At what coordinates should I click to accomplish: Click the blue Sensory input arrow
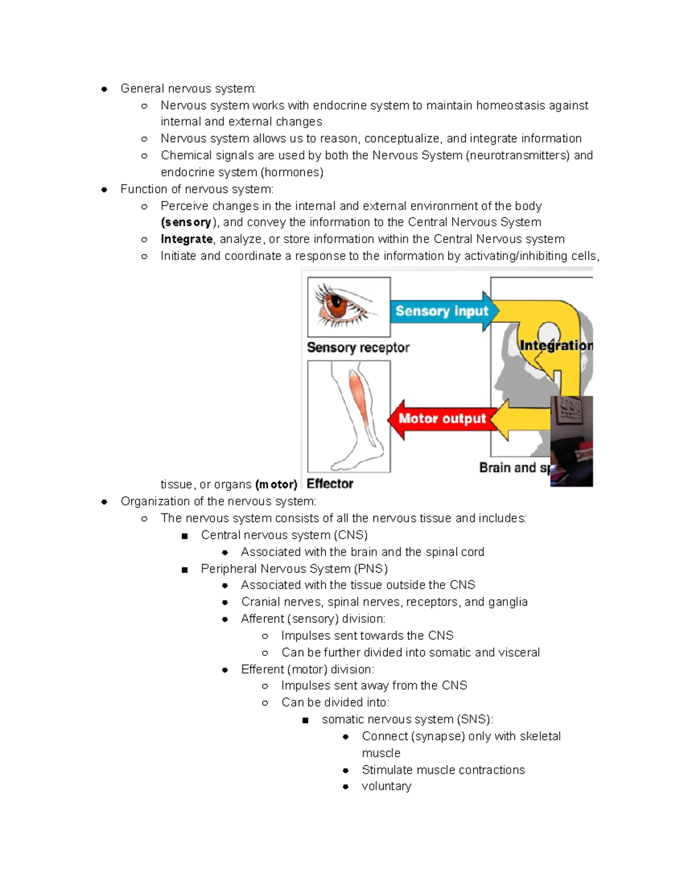pyautogui.click(x=442, y=311)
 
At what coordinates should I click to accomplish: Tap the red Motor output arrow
pyautogui.click(x=441, y=419)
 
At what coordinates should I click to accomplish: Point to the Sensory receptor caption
pyautogui.click(x=358, y=348)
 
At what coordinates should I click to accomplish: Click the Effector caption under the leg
pyautogui.click(x=330, y=484)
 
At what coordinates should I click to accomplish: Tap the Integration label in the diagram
pyautogui.click(x=556, y=345)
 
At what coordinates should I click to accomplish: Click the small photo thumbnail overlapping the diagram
pyautogui.click(x=571, y=441)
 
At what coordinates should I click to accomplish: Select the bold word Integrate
pyautogui.click(x=186, y=239)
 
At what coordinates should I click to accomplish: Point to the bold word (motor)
pyautogui.click(x=276, y=484)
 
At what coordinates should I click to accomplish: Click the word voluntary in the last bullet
pyautogui.click(x=386, y=786)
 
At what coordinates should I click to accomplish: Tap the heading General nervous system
pyautogui.click(x=188, y=89)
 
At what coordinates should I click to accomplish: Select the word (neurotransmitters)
pyautogui.click(x=518, y=156)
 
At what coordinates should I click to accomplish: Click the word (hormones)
pyautogui.click(x=292, y=172)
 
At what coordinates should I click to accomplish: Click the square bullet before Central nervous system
pyautogui.click(x=185, y=536)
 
